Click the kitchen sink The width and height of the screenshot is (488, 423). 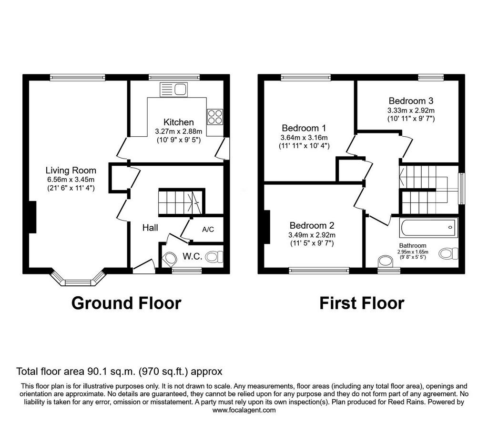click(173, 90)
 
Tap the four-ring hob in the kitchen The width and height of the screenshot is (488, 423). click(215, 117)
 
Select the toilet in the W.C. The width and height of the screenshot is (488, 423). click(214, 257)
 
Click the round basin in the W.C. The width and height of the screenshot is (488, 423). click(169, 258)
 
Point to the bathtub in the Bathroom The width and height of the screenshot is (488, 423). click(429, 227)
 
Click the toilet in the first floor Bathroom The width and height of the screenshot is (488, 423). click(448, 253)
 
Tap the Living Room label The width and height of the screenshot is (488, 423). click(71, 170)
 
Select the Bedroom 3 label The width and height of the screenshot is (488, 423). click(411, 101)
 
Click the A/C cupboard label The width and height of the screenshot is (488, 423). click(208, 230)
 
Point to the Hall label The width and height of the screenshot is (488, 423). click(150, 228)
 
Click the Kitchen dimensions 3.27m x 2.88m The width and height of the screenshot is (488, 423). click(179, 131)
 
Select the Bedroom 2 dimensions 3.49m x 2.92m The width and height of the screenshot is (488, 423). click(312, 235)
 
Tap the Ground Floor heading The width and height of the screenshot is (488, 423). click(126, 303)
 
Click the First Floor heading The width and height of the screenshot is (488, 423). click(362, 303)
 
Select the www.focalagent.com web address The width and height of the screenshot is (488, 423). click(244, 410)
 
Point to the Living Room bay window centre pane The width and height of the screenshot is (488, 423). click(78, 282)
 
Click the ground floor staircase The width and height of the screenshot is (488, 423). click(182, 202)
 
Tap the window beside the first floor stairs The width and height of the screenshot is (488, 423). click(462, 189)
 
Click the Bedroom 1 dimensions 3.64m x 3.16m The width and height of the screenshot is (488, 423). click(304, 138)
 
